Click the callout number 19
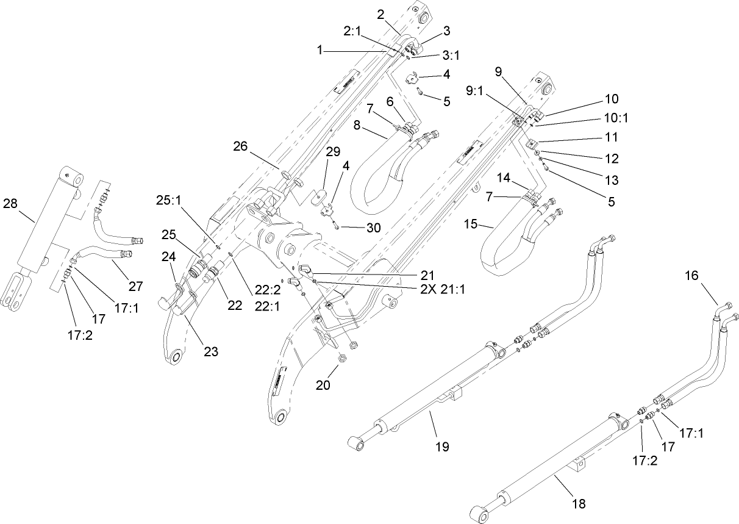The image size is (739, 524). point(441,447)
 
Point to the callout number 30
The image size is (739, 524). point(373,228)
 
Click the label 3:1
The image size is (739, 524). point(450,55)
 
